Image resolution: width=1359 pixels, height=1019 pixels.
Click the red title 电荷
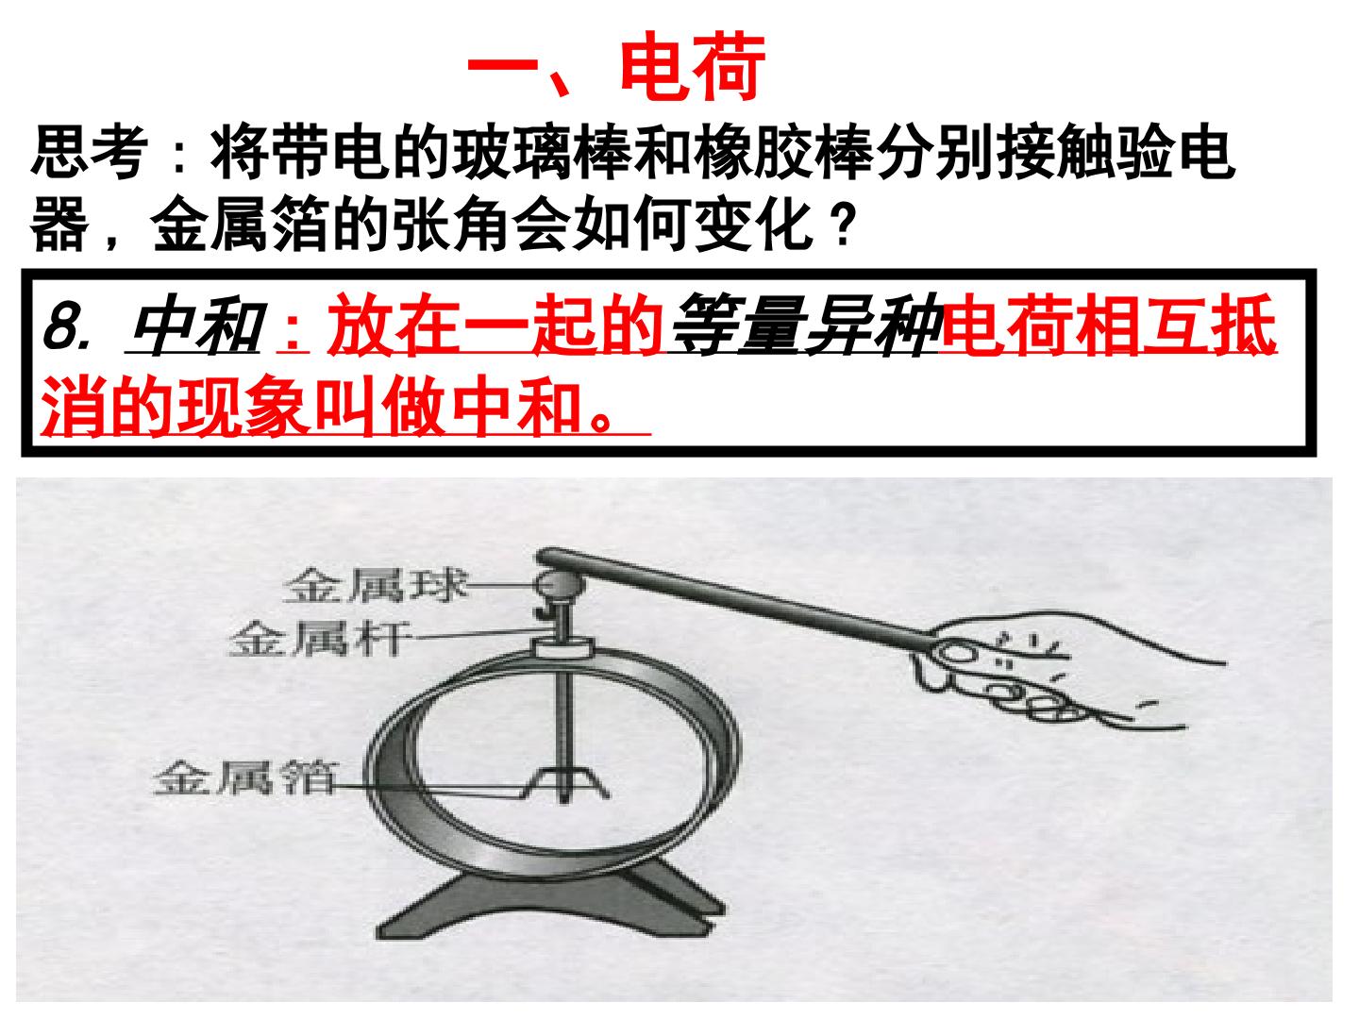[693, 66]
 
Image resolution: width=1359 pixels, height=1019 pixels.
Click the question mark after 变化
[842, 224]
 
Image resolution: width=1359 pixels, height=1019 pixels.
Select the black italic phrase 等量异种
[808, 326]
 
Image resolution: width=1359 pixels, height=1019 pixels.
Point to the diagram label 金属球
[375, 585]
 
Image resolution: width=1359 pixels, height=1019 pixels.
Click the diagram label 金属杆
[319, 639]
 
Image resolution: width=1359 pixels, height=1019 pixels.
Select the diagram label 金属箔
[244, 777]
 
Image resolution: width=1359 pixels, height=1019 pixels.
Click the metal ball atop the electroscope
[561, 584]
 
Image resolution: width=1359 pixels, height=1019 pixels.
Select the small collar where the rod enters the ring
[563, 647]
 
